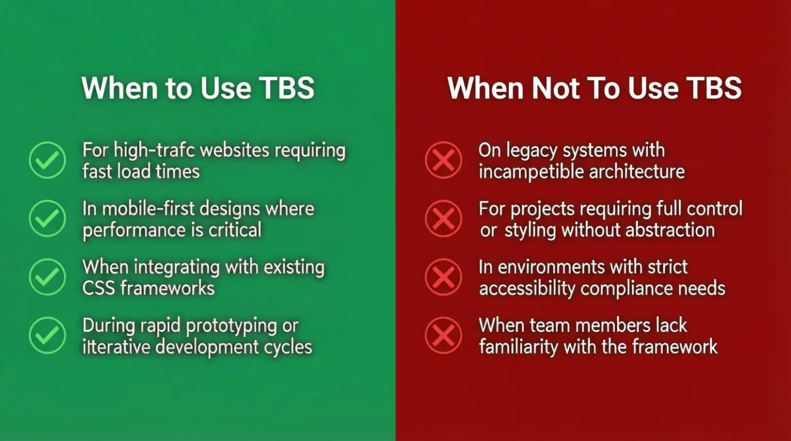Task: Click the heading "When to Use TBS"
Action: coord(198,88)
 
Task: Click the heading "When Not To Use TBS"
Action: coord(594,88)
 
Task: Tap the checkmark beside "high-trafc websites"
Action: coord(48,160)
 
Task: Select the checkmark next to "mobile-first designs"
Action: coord(48,219)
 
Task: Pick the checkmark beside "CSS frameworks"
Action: coord(48,277)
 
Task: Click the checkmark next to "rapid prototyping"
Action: coord(48,335)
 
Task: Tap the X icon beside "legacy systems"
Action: coord(444,160)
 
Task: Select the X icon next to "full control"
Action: coord(444,219)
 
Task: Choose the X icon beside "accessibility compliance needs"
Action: coord(444,277)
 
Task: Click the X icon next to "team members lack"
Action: coord(444,335)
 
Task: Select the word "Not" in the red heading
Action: coord(556,88)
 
